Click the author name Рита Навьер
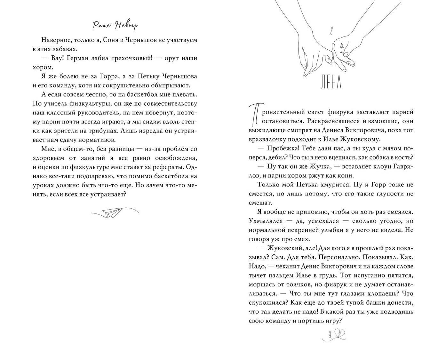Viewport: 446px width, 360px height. click(115, 26)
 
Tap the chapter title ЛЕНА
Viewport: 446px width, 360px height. click(331, 82)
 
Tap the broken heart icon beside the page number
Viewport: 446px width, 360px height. click(339, 334)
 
